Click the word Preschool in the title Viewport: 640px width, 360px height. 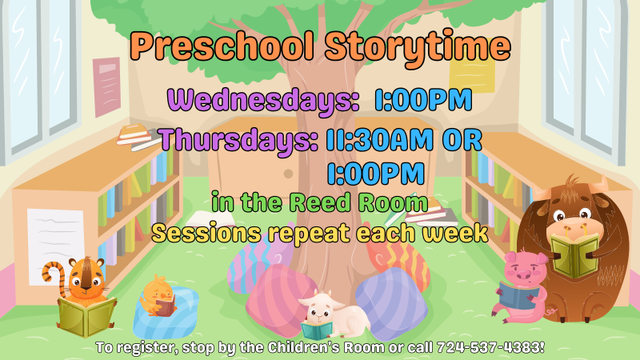(223, 46)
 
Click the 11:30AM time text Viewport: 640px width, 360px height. (379, 139)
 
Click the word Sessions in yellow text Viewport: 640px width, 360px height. (206, 234)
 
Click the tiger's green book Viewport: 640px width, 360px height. (86, 315)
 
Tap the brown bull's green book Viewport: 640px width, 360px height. (574, 255)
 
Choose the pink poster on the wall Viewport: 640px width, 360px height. (107, 86)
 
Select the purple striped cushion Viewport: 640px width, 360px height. (391, 304)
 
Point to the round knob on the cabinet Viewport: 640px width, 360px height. (288, 174)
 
